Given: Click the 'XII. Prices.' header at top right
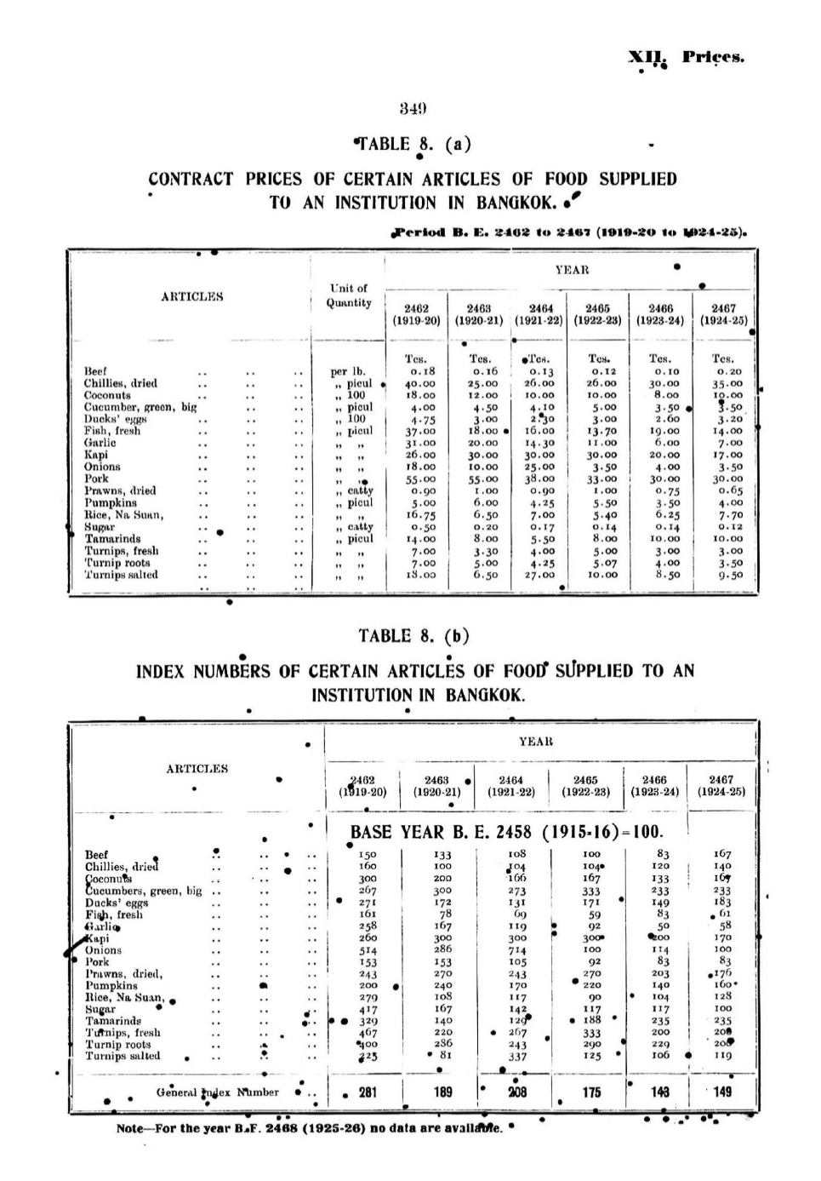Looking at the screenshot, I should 686,58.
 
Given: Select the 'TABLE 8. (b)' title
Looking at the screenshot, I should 413,635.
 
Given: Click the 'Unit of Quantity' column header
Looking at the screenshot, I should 349,295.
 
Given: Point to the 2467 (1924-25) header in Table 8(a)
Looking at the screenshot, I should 723,314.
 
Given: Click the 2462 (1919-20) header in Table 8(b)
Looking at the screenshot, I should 362,785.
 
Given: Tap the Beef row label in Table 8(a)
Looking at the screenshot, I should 95,371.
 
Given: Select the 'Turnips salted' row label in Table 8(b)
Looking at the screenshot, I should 123,1056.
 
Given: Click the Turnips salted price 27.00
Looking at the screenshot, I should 540,575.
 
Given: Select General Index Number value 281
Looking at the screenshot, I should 368,1092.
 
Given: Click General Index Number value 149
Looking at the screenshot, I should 721,1092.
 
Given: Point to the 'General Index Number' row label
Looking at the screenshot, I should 217,1092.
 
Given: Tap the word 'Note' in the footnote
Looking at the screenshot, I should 129,1129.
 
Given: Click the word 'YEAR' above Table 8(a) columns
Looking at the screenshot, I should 572,270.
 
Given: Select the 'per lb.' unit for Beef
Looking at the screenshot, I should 348,371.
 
